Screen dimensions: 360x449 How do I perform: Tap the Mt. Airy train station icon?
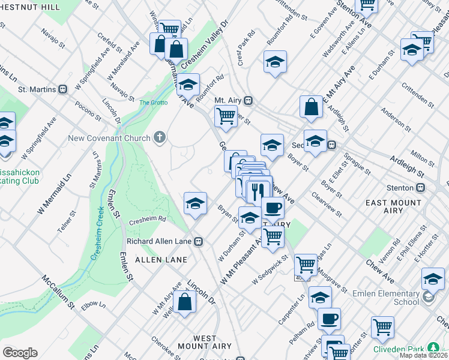pyautogui.click(x=247, y=100)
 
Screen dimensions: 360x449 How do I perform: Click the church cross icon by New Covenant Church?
pyautogui.click(x=159, y=138)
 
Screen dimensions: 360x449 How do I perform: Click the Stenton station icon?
pyautogui.click(x=421, y=187)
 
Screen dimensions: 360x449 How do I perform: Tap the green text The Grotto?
pyautogui.click(x=153, y=103)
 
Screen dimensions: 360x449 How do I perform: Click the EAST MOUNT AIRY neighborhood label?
pyautogui.click(x=393, y=208)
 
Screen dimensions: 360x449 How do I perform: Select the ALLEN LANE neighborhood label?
pyautogui.click(x=161, y=260)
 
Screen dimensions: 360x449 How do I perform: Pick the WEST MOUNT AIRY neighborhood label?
pyautogui.click(x=205, y=343)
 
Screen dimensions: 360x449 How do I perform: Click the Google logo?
pyautogui.click(x=20, y=353)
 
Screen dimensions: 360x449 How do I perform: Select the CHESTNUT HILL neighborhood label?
pyautogui.click(x=30, y=6)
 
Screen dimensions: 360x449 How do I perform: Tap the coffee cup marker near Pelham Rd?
pyautogui.click(x=328, y=319)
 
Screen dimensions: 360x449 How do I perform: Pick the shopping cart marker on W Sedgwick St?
pyautogui.click(x=306, y=264)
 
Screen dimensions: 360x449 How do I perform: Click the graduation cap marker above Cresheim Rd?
pyautogui.click(x=195, y=204)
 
